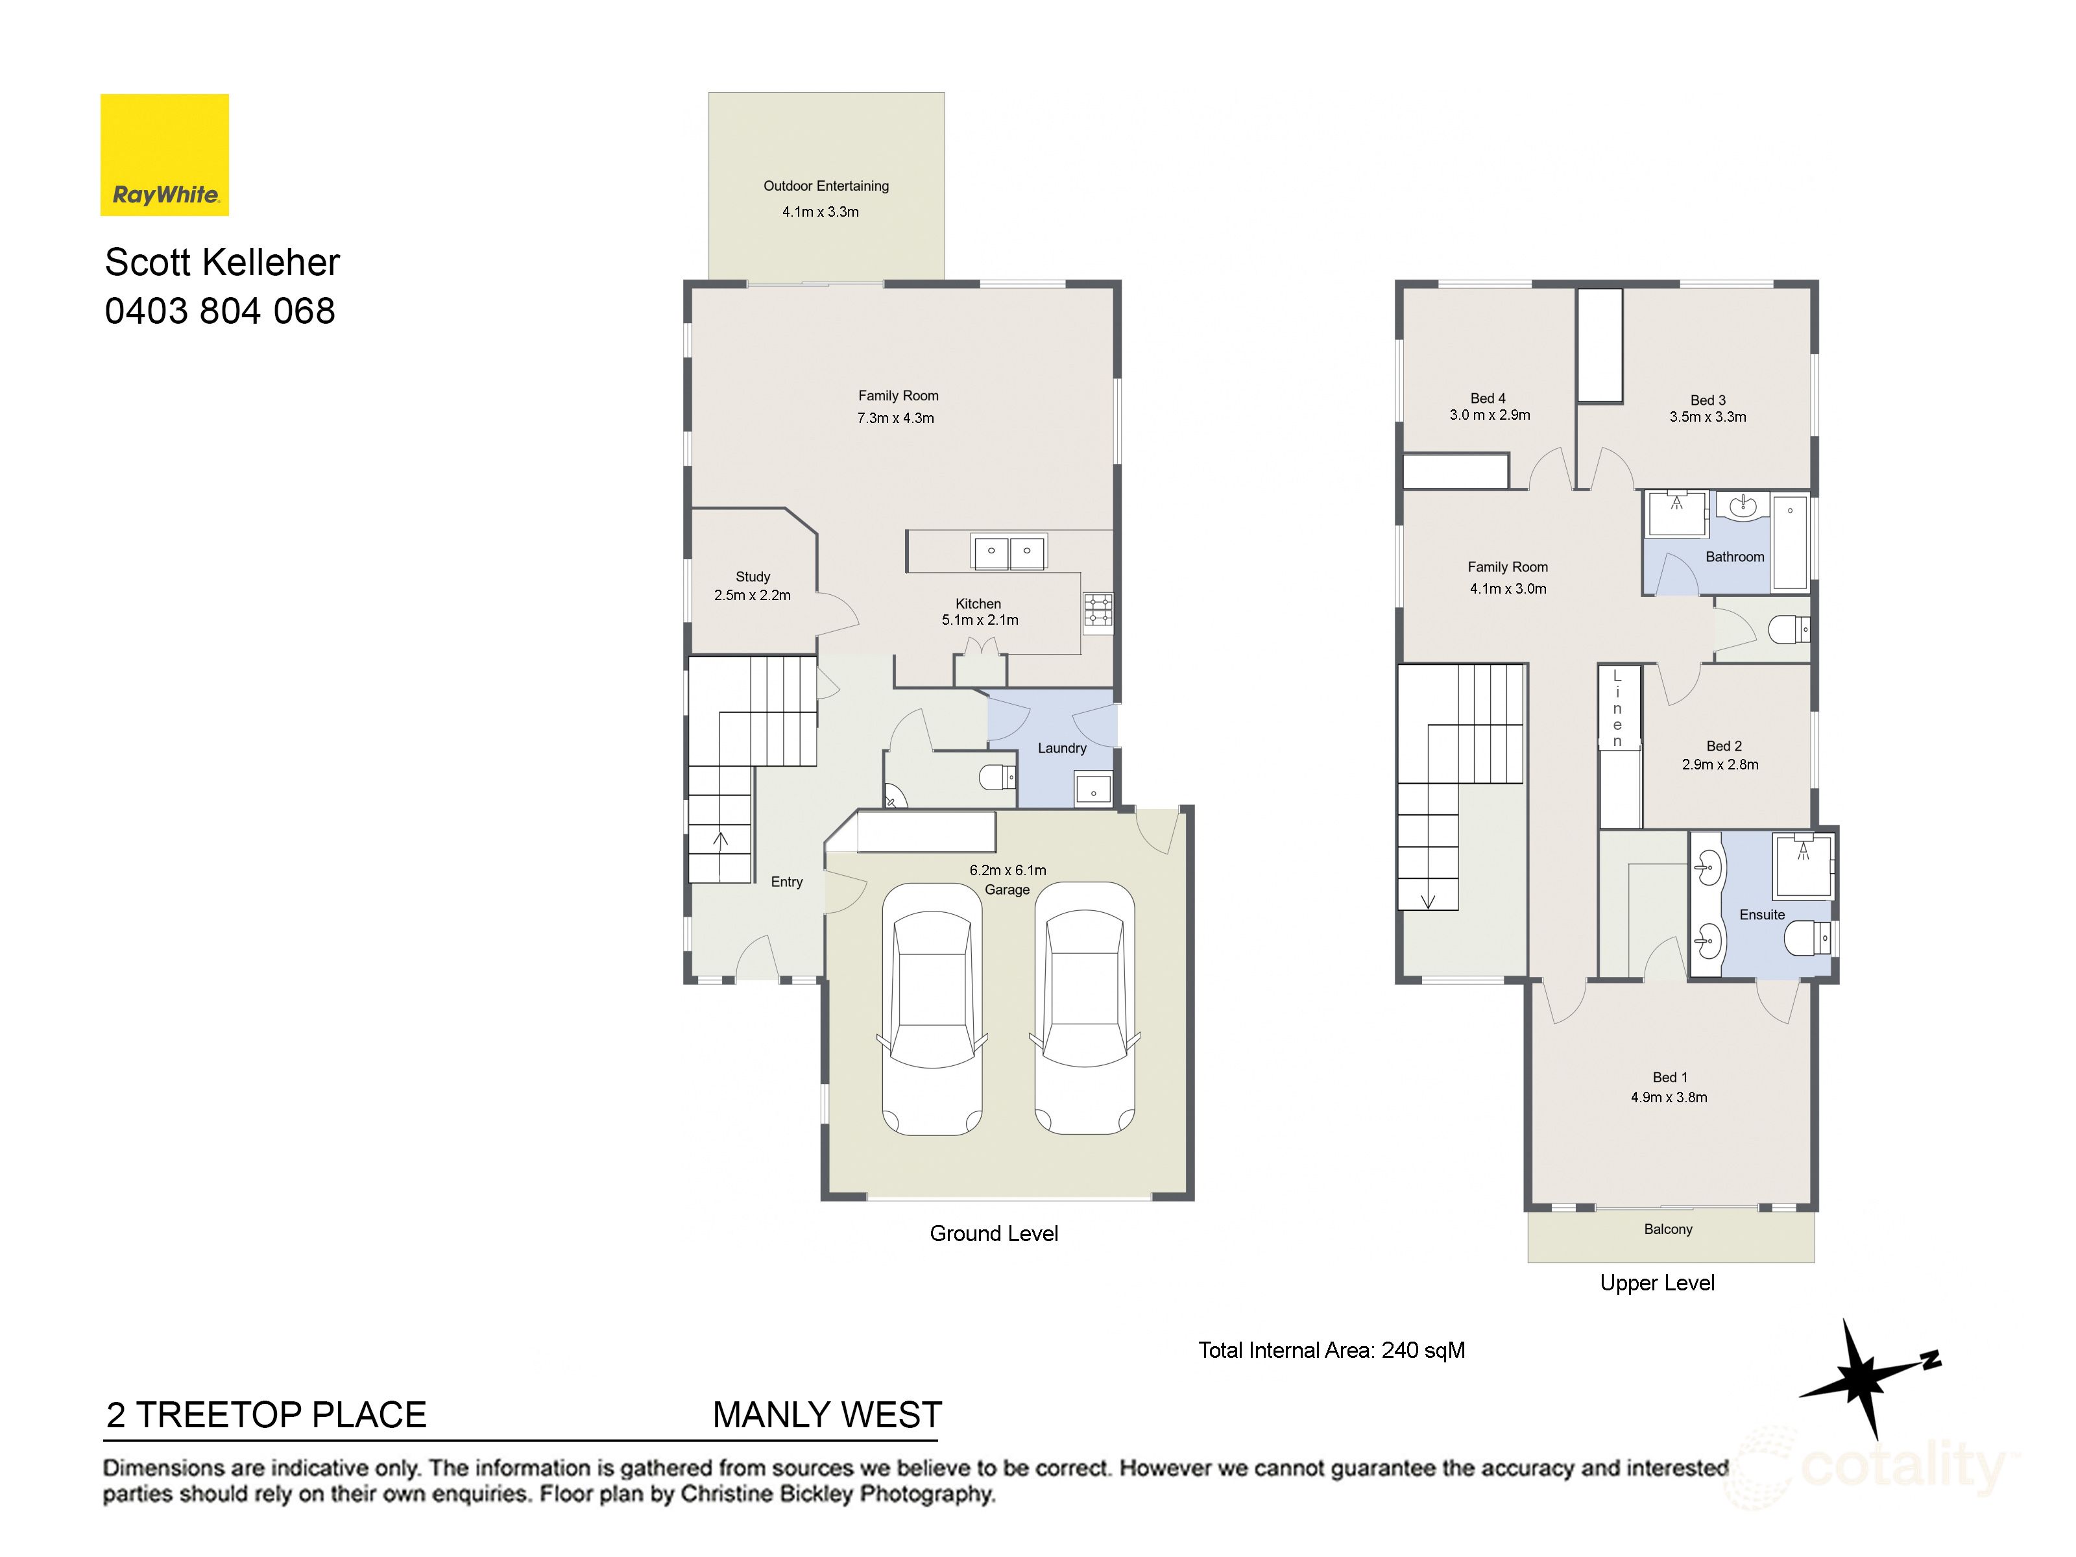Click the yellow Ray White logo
(164, 155)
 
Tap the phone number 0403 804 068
(220, 311)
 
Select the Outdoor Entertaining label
(825, 186)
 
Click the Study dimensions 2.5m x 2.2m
(752, 595)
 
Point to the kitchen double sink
(1008, 552)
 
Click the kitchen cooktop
(1098, 609)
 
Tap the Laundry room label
(1061, 748)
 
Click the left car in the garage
(932, 1009)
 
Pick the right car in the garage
(1084, 1009)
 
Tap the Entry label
(786, 882)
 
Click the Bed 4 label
(1488, 398)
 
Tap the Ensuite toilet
(1807, 937)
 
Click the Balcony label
(1668, 1229)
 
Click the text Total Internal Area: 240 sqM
(1331, 1351)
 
